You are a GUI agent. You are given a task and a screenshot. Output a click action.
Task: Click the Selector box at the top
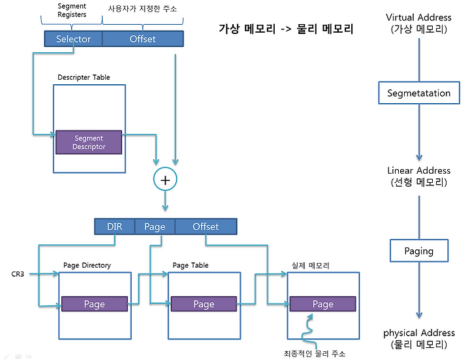[x=73, y=39]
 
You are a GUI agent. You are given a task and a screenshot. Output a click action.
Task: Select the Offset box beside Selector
[x=143, y=39]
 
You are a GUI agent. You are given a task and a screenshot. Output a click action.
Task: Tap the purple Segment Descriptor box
[x=89, y=142]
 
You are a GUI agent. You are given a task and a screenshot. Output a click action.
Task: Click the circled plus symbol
[x=165, y=180]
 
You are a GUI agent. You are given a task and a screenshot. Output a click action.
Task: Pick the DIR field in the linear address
[x=114, y=227]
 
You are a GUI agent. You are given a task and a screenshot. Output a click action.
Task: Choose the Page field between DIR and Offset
[x=155, y=227]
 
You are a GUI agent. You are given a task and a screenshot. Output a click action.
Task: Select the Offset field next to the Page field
[x=206, y=227]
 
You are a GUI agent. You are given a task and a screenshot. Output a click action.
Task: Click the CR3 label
[x=18, y=274]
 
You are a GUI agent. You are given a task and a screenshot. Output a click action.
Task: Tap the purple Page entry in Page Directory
[x=95, y=304]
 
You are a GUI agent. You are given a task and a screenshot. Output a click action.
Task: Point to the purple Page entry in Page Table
[x=204, y=304]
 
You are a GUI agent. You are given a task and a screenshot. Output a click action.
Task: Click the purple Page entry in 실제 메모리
[x=323, y=304]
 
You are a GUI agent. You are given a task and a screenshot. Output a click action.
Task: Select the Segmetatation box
[x=419, y=93]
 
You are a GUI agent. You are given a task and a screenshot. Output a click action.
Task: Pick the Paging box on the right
[x=419, y=251]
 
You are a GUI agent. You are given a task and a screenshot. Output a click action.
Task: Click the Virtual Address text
[x=418, y=18]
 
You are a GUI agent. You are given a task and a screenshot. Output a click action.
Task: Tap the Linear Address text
[x=418, y=170]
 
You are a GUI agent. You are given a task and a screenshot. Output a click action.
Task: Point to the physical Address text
[x=419, y=333]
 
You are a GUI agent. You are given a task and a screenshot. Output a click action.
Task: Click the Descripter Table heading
[x=84, y=77]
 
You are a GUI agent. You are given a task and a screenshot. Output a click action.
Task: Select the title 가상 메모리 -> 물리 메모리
[x=286, y=29]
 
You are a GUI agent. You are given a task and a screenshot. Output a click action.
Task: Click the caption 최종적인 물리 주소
[x=315, y=354]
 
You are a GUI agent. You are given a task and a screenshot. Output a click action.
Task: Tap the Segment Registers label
[x=72, y=10]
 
